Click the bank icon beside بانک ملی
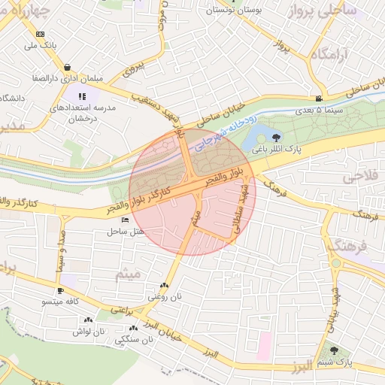pyautogui.click(x=39, y=34)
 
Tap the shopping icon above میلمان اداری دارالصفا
pyautogui.click(x=68, y=66)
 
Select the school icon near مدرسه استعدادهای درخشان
pyautogui.click(x=82, y=96)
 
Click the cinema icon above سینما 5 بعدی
pyautogui.click(x=320, y=99)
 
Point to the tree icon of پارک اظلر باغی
pyautogui.click(x=277, y=137)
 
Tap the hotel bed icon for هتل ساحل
pyautogui.click(x=124, y=220)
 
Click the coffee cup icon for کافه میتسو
pyautogui.click(x=61, y=290)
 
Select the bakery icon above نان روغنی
pyautogui.click(x=164, y=285)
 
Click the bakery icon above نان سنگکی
pyautogui.click(x=134, y=328)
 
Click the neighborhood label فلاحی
pyautogui.click(x=359, y=177)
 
